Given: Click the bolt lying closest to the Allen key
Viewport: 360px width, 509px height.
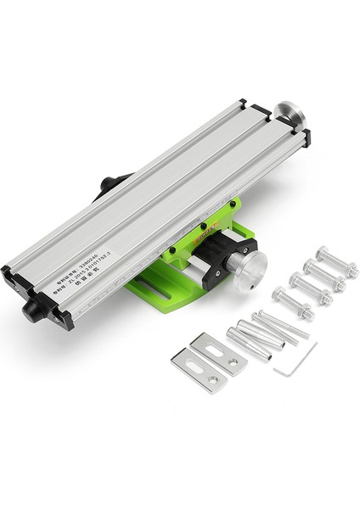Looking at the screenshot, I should click(x=293, y=303).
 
